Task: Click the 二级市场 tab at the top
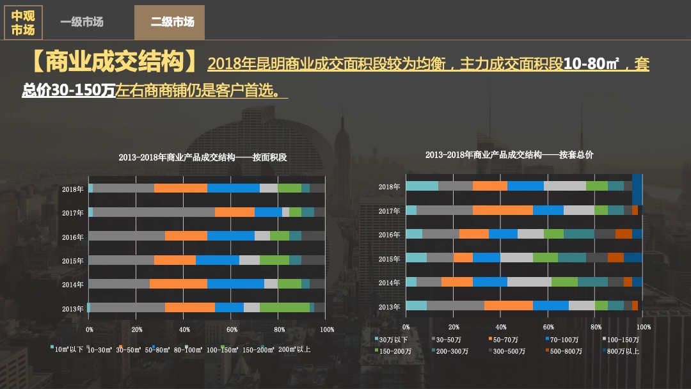click(x=172, y=22)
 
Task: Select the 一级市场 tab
click(x=82, y=22)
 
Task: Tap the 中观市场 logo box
click(x=23, y=23)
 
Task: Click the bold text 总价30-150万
click(x=68, y=90)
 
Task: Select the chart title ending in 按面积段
click(x=203, y=157)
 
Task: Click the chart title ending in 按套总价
click(x=509, y=155)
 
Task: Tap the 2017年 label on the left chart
click(x=73, y=213)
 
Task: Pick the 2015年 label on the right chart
click(x=389, y=259)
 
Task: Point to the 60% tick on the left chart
click(x=232, y=329)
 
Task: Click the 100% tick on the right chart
click(x=643, y=327)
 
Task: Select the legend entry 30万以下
click(x=392, y=340)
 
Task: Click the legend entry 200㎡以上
click(x=294, y=349)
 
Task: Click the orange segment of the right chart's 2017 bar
click(x=502, y=210)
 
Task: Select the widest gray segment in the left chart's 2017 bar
click(x=154, y=212)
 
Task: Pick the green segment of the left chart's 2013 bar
click(x=284, y=307)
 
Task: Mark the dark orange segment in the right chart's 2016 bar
click(x=623, y=234)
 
